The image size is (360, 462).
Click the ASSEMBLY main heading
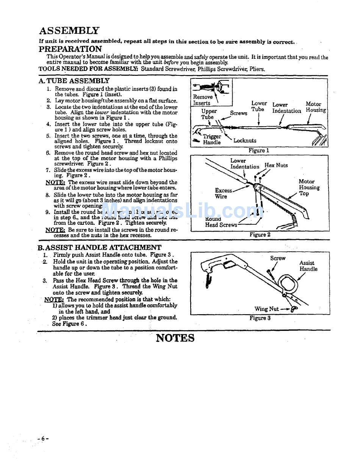(69, 31)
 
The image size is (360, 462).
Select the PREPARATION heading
(70, 49)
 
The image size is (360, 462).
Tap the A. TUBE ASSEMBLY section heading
(74, 81)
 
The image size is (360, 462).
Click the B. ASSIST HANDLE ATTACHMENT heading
(99, 247)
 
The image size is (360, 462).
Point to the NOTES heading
(175, 338)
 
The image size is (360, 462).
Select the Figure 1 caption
(259, 150)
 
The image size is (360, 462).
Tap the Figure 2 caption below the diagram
(260, 235)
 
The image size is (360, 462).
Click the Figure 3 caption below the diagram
(260, 318)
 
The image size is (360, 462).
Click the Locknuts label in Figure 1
(245, 141)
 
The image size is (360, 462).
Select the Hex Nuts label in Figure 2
(276, 165)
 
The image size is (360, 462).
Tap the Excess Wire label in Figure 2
(223, 193)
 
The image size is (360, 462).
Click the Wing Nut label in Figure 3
(266, 309)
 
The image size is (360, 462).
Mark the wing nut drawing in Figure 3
(294, 309)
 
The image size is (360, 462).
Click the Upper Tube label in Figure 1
(209, 114)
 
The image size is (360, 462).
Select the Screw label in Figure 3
(278, 258)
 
